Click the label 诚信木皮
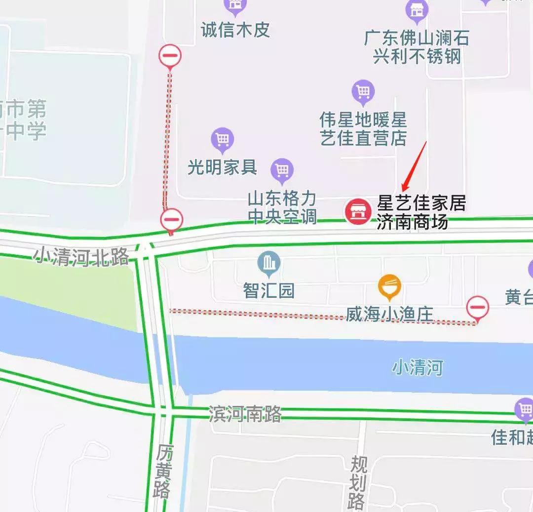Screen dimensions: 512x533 point(235,30)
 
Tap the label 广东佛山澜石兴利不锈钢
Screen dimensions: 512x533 point(417,47)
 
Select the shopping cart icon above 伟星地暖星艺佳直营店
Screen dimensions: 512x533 point(363,92)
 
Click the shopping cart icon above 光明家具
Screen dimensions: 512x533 point(222,139)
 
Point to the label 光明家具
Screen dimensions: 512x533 point(223,167)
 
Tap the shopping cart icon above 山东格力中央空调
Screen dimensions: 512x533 point(282,170)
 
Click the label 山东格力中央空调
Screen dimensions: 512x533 point(282,208)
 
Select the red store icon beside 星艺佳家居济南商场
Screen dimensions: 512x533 point(358,211)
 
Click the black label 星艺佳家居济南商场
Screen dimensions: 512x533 point(421,212)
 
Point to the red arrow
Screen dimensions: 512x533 point(414,166)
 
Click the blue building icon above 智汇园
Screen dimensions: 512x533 point(269,264)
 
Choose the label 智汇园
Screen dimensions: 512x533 point(269,290)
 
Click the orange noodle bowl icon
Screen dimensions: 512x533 point(389,287)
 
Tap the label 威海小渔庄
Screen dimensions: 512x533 point(389,314)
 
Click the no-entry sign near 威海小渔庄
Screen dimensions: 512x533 point(477,308)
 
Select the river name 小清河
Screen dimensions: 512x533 point(418,368)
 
